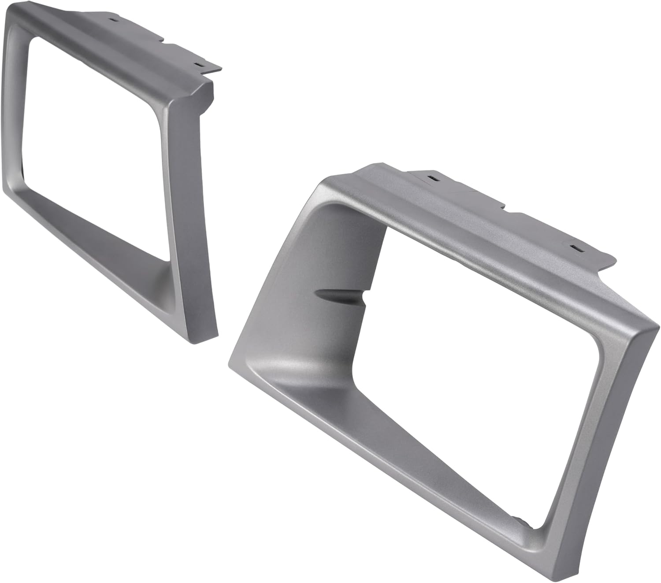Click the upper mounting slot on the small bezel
coord(115,20)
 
